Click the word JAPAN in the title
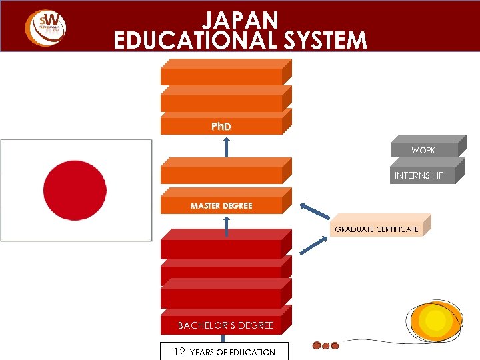241,18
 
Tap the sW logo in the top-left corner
45,27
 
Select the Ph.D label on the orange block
221,126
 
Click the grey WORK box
423,150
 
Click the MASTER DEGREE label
221,205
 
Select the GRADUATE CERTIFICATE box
377,229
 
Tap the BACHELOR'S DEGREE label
225,325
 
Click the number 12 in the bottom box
179,351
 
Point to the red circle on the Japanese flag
75,189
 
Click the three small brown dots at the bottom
326,346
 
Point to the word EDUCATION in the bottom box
251,352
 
